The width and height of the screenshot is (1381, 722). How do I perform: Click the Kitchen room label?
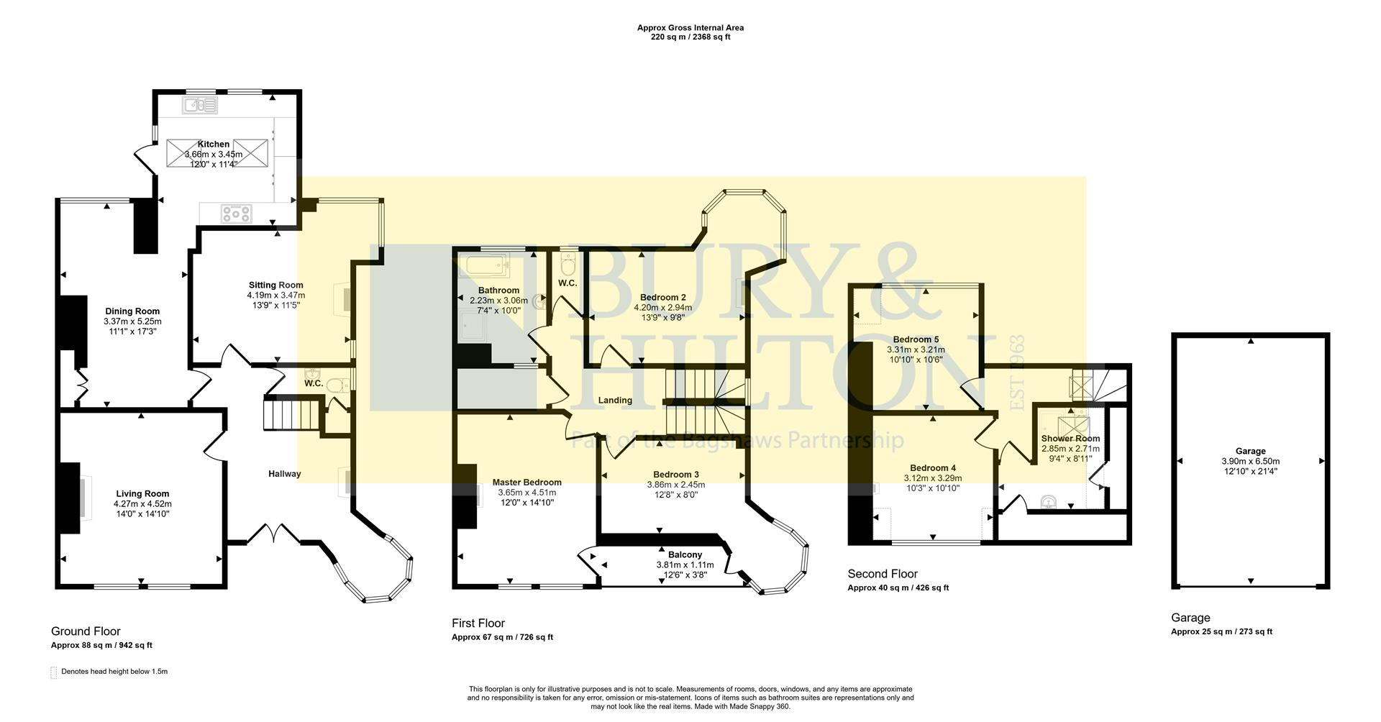point(214,145)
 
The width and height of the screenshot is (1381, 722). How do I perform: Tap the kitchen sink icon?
point(200,106)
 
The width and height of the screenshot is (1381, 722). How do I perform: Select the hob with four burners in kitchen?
point(237,213)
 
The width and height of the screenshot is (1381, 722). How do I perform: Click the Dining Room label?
point(132,311)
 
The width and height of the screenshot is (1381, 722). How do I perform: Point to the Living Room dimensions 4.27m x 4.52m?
point(142,504)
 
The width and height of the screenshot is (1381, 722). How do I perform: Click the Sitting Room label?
point(276,285)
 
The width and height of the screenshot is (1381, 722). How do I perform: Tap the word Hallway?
point(285,474)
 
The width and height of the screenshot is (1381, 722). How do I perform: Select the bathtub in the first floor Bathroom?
point(488,267)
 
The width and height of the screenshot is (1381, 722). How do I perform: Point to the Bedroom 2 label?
point(663,297)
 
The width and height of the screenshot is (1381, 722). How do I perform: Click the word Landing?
point(615,401)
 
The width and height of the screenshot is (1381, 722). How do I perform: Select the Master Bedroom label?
point(527,483)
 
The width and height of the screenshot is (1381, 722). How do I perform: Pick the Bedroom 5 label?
point(916,339)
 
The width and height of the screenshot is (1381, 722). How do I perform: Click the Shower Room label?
point(1070,439)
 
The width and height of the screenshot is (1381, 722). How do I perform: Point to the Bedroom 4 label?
point(932,468)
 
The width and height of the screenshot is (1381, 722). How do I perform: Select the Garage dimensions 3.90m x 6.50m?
point(1250,462)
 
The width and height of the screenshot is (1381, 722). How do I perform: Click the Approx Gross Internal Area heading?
point(690,28)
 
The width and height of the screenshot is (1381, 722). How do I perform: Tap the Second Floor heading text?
point(882,574)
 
